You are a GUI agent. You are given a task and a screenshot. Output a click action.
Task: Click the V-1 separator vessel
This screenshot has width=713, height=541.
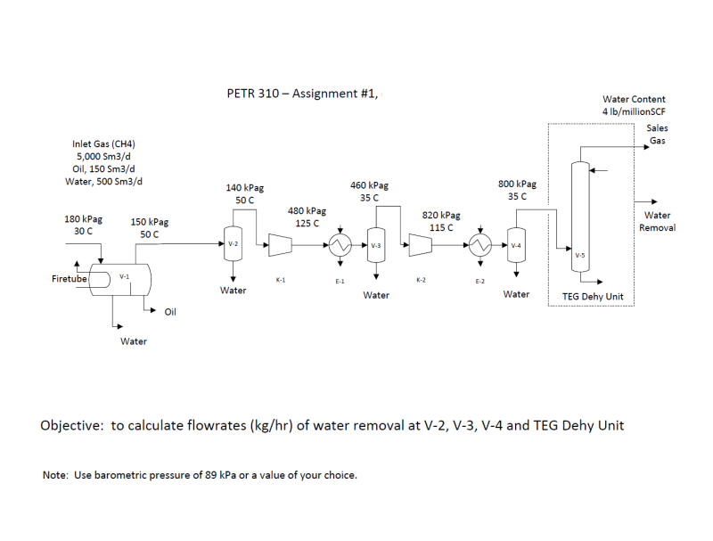click(x=120, y=279)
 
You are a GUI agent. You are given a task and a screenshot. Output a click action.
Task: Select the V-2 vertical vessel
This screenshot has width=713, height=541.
click(x=233, y=243)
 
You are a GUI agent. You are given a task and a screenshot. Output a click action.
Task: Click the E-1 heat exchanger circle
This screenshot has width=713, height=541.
click(x=340, y=244)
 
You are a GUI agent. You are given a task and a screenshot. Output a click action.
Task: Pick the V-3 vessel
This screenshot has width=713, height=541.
click(x=376, y=245)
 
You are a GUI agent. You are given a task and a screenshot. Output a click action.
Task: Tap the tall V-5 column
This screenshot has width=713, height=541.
click(x=580, y=218)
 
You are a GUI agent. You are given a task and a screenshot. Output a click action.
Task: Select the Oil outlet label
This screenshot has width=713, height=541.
click(x=170, y=311)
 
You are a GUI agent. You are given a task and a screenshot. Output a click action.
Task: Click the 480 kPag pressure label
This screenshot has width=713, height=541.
click(x=307, y=211)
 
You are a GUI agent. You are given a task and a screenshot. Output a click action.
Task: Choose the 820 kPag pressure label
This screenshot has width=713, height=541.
click(x=441, y=216)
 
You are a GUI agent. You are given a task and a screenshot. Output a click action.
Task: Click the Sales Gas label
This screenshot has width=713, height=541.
click(x=657, y=135)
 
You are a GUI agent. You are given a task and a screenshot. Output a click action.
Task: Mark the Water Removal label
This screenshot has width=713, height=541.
click(x=657, y=221)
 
